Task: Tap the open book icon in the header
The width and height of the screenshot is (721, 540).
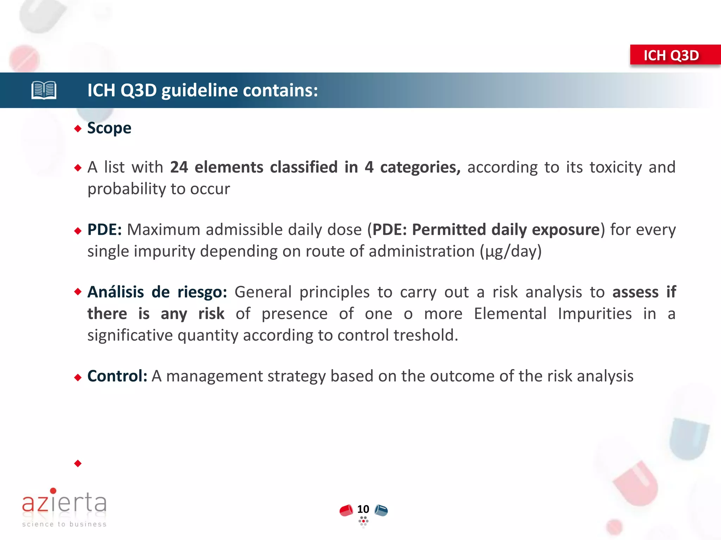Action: click(44, 90)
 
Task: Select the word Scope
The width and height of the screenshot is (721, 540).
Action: click(109, 128)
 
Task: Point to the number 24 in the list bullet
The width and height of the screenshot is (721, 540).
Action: click(179, 167)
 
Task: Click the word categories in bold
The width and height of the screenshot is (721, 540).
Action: click(419, 167)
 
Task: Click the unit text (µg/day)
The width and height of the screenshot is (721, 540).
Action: click(510, 251)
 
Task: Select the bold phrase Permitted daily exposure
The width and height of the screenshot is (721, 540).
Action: click(506, 230)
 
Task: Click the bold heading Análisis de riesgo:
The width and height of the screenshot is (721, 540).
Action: click(157, 292)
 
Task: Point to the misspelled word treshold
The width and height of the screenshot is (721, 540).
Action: click(426, 335)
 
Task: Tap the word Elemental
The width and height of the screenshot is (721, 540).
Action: click(510, 314)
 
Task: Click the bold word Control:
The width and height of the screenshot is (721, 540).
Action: click(117, 376)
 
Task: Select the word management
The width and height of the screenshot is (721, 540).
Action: click(214, 376)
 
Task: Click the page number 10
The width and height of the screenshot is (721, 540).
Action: click(363, 509)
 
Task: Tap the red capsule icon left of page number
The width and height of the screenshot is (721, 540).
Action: click(346, 510)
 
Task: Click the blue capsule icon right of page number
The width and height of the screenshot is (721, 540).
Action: click(381, 510)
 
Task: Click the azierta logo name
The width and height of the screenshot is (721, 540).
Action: click(64, 502)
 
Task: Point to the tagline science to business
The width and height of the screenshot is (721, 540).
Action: click(64, 524)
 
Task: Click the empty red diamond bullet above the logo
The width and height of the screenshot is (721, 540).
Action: click(78, 463)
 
